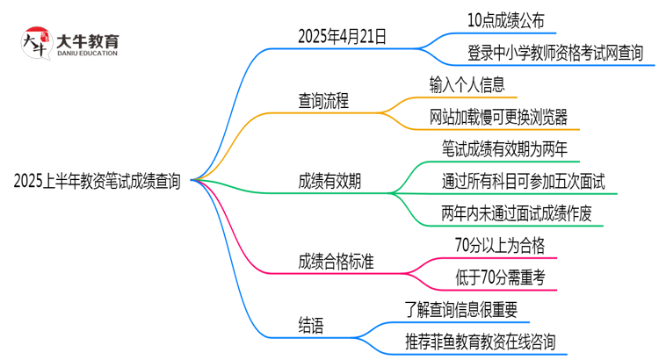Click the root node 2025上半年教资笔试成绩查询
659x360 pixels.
[98, 182]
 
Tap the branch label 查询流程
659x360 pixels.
[323, 101]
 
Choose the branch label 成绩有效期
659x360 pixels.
[329, 182]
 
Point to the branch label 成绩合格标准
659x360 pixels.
[336, 262]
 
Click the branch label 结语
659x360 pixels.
[311, 327]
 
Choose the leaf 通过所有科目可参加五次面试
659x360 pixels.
[523, 182]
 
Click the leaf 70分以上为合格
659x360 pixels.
[497, 246]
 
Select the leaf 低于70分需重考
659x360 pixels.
[498, 277]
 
